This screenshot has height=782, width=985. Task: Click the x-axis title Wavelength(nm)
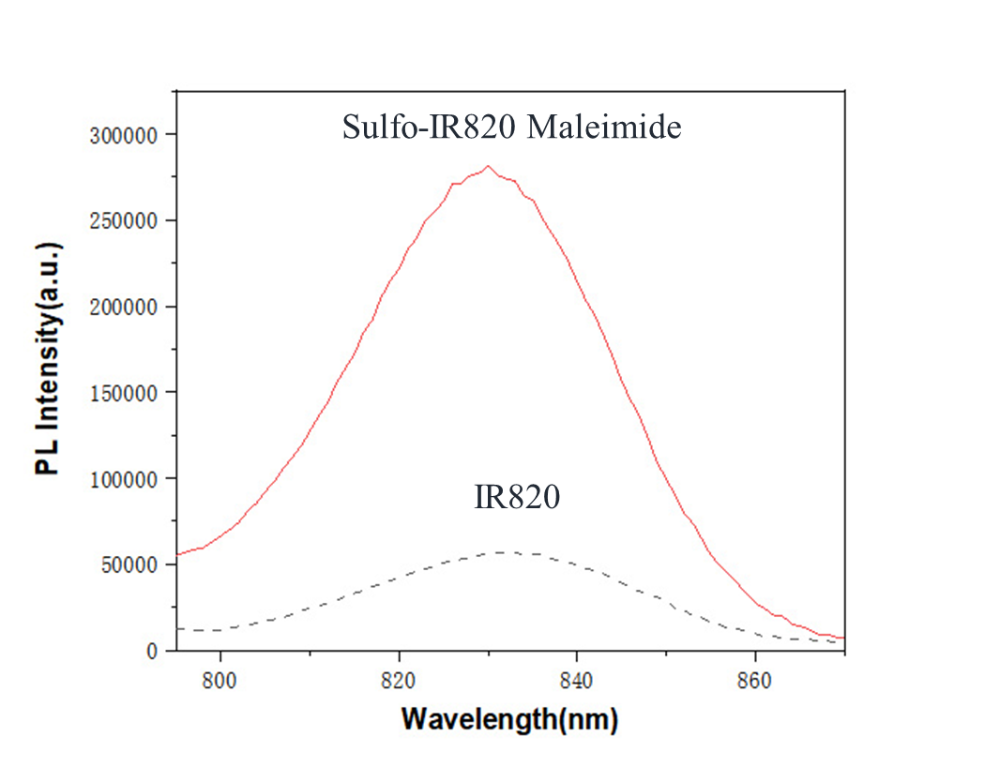coord(509,720)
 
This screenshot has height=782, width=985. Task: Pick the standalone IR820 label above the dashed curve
coord(517,498)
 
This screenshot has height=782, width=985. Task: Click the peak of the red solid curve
coord(488,167)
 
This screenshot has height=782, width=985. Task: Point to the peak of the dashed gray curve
coord(500,552)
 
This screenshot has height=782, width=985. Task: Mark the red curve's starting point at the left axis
coord(177,555)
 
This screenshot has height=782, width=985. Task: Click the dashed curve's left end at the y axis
coord(177,628)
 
